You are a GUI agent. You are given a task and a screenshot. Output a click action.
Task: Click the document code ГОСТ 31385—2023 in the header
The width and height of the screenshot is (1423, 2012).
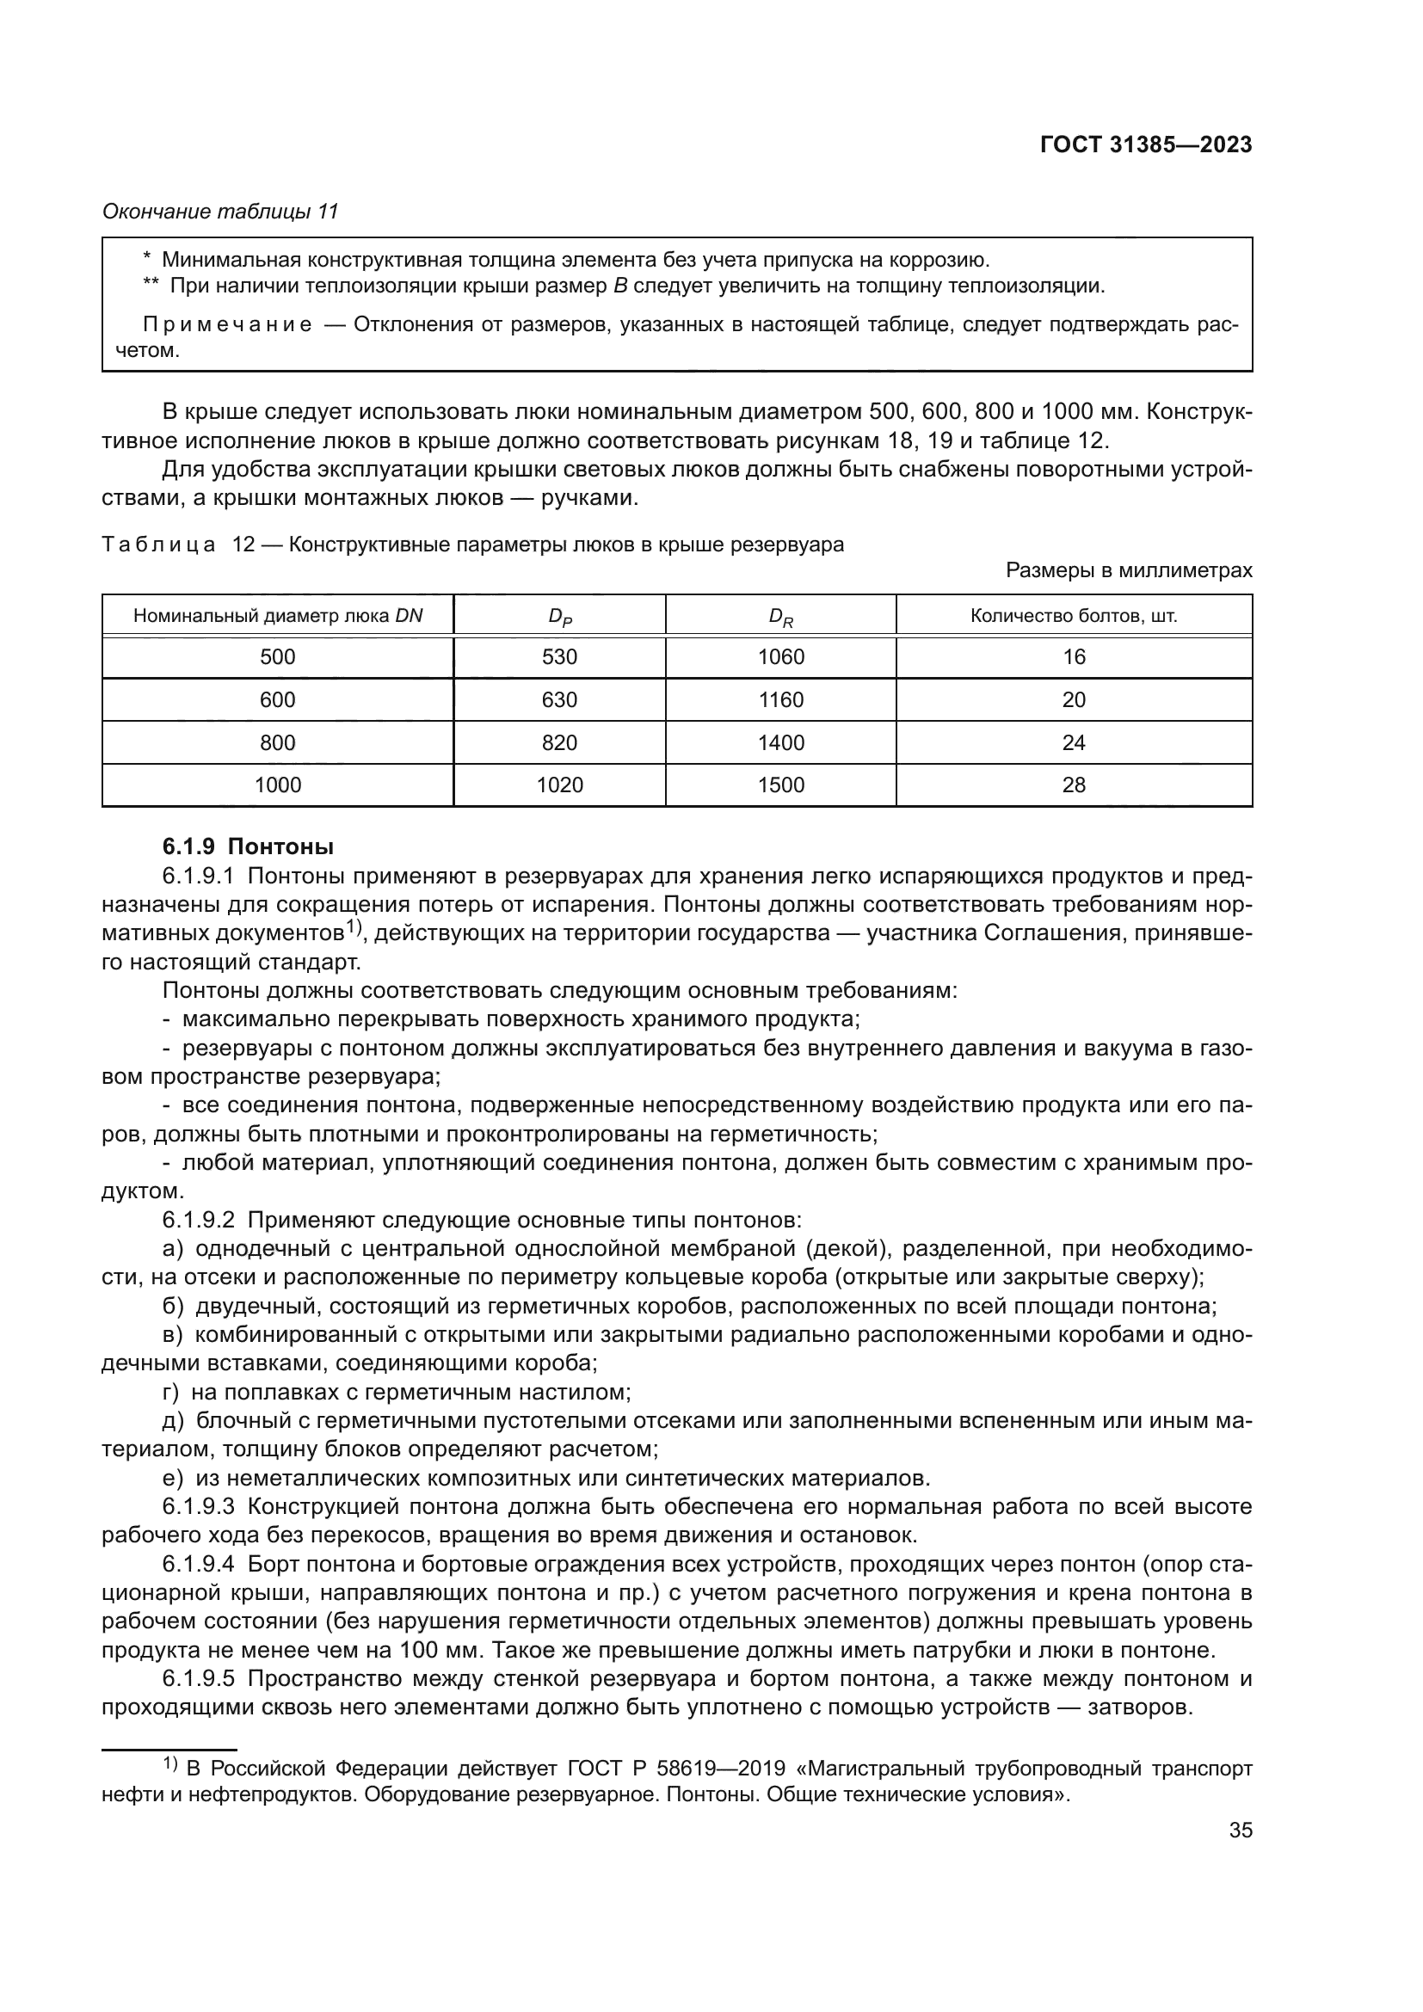click(x=1145, y=145)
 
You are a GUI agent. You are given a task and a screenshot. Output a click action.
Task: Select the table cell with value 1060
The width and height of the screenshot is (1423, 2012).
click(x=779, y=657)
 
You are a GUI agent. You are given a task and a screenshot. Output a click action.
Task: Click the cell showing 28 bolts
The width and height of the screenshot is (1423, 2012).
click(x=1074, y=785)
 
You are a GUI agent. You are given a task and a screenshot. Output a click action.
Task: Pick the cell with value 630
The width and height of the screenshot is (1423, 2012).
click(x=559, y=700)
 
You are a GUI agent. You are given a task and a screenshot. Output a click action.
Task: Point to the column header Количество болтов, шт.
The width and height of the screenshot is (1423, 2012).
click(x=1074, y=616)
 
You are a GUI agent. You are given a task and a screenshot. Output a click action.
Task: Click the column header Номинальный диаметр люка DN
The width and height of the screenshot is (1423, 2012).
click(x=278, y=616)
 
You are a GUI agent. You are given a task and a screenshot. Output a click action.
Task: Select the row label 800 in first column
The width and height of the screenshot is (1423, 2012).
click(x=278, y=743)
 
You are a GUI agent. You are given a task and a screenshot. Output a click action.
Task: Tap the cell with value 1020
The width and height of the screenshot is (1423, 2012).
click(x=559, y=785)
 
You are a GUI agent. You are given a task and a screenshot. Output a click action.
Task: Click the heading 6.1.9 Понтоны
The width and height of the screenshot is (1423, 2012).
click(x=248, y=847)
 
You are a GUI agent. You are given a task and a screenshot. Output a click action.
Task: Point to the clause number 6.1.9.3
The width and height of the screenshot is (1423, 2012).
click(x=198, y=1507)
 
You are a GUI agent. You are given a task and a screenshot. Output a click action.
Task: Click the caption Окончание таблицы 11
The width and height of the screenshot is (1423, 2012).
click(x=220, y=212)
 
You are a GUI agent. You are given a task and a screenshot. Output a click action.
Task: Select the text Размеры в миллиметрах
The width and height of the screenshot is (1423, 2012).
click(x=1129, y=570)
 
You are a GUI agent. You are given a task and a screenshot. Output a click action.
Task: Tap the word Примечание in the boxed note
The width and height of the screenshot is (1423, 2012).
click(x=228, y=325)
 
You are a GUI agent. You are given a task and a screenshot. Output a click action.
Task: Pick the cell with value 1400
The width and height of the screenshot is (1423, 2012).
click(x=779, y=743)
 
